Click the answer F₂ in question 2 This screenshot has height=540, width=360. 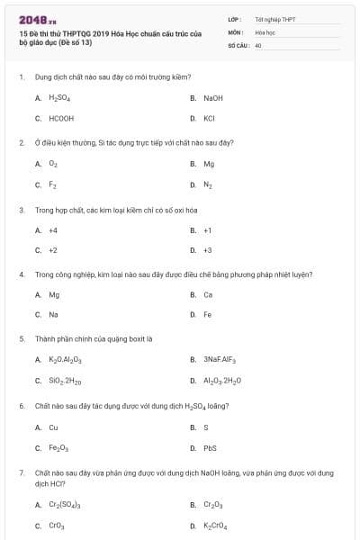point(52,184)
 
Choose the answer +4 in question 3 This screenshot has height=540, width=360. point(53,229)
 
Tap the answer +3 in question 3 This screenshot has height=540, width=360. point(207,250)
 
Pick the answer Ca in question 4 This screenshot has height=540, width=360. point(208,294)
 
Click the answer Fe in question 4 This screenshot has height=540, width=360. point(208,315)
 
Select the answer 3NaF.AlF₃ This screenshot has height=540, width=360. point(219,359)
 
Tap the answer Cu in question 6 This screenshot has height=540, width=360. point(53,427)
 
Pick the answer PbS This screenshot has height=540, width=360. point(210,447)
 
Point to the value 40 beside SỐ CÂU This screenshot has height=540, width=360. point(258,44)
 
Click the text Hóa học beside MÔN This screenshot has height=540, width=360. point(265,31)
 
